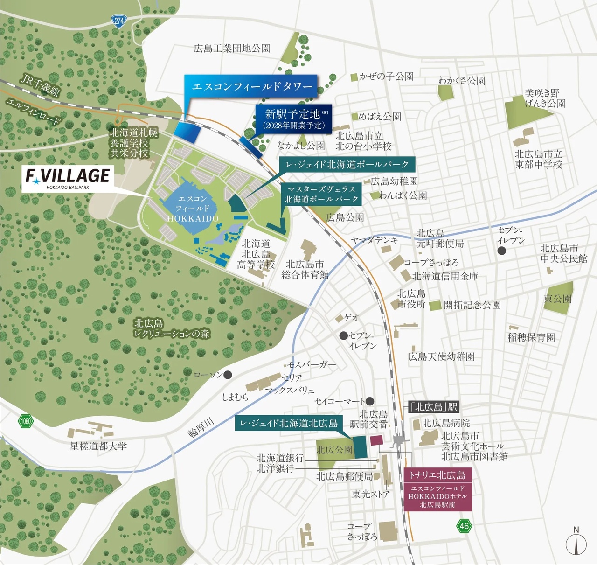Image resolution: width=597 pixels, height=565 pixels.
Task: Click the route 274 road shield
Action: pyautogui.click(x=119, y=21)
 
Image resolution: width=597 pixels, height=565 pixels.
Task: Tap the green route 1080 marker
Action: pyautogui.click(x=26, y=421)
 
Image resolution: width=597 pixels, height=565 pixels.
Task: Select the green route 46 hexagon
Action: pyautogui.click(x=464, y=526)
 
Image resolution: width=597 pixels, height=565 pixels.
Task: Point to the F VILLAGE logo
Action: pyautogui.click(x=68, y=177)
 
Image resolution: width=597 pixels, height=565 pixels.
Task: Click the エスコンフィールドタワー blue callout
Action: pyautogui.click(x=252, y=86)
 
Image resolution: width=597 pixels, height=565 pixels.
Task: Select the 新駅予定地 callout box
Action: pyautogui.click(x=293, y=119)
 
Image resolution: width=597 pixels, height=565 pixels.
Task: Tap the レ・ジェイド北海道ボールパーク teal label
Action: pyautogui.click(x=347, y=164)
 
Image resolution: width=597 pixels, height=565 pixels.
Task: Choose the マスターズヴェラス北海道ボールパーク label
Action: pyautogui.click(x=322, y=194)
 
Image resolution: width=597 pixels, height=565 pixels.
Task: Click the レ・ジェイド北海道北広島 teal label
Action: pyautogui.click(x=289, y=423)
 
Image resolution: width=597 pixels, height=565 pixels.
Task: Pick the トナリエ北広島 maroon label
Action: pyautogui.click(x=437, y=475)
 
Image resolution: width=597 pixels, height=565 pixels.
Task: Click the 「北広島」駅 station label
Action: pyautogui.click(x=434, y=407)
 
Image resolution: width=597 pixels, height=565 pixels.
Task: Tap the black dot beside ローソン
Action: pyautogui.click(x=228, y=375)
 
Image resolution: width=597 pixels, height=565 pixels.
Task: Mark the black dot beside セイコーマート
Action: pyautogui.click(x=370, y=401)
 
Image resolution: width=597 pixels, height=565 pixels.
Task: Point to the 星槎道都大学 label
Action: pyautogui.click(x=98, y=446)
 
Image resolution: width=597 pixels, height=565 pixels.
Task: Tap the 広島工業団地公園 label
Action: pyautogui.click(x=232, y=48)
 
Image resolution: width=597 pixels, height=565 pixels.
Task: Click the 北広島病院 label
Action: pyautogui.click(x=446, y=423)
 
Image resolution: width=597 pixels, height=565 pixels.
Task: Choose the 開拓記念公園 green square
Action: pyautogui.click(x=435, y=306)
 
